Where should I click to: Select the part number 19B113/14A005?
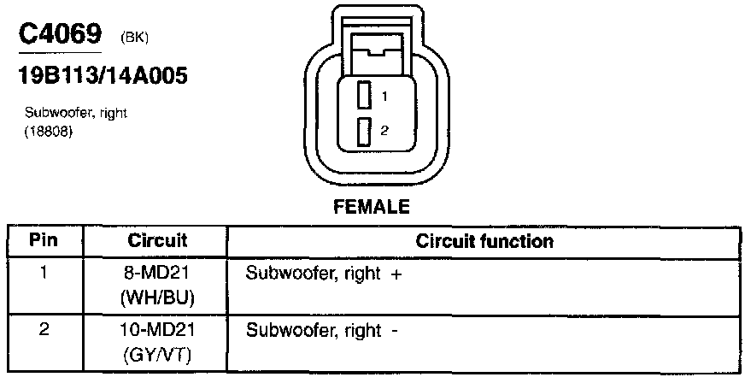click(x=103, y=76)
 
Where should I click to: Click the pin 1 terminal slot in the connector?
click(x=364, y=95)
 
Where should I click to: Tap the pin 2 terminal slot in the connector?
click(x=364, y=132)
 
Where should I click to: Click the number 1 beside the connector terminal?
click(x=384, y=96)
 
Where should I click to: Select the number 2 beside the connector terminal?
click(x=384, y=132)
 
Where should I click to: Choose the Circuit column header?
click(x=157, y=241)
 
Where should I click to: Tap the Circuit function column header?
click(x=484, y=241)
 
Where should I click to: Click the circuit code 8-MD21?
click(x=157, y=274)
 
